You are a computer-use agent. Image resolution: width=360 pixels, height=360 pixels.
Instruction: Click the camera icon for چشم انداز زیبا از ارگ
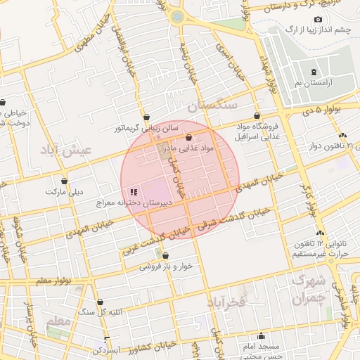[318, 19]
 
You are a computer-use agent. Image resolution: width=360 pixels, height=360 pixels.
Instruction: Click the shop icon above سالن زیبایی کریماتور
[146, 117]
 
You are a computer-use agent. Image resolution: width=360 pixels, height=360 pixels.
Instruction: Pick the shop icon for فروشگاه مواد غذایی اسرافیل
[257, 115]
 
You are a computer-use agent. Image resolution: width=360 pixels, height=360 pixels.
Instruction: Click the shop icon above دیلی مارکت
[65, 181]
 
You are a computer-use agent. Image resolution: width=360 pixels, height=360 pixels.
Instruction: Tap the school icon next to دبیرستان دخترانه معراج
[134, 192]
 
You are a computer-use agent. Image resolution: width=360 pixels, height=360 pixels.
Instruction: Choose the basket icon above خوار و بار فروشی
[165, 256]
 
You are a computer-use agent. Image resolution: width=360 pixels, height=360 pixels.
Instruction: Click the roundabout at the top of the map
[177, 15]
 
